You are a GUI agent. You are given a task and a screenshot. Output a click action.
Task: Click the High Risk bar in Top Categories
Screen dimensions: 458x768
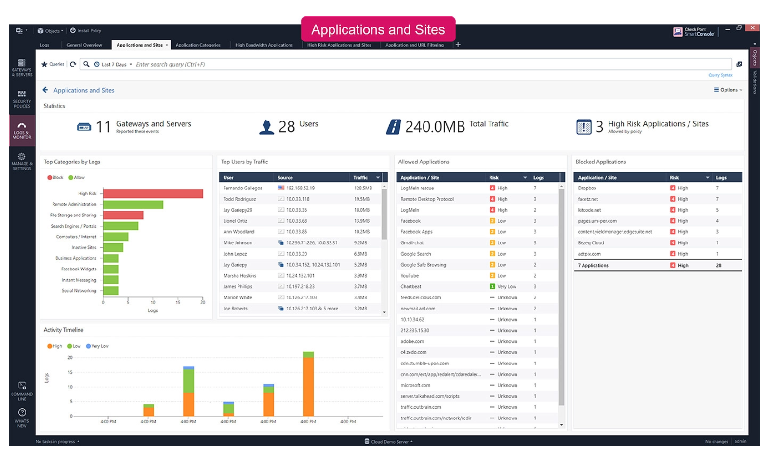tap(153, 194)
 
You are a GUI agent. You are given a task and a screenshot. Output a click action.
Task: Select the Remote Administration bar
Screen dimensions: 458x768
tap(133, 204)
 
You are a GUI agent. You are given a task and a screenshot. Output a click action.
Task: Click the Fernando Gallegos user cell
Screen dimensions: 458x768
tap(243, 188)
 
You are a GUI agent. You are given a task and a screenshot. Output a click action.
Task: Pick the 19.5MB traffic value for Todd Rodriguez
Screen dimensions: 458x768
tap(362, 199)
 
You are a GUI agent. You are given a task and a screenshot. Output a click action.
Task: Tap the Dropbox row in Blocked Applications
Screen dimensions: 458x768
tap(587, 188)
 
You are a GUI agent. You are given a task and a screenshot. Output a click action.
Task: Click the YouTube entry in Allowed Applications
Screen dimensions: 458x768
tap(410, 276)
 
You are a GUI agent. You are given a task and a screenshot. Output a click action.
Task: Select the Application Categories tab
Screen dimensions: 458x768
tap(198, 45)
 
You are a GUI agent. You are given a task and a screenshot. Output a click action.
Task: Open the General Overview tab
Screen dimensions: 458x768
tap(84, 45)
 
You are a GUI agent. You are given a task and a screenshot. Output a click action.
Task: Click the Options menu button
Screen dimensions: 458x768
tap(728, 90)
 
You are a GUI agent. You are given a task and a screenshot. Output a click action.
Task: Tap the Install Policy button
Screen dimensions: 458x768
tap(86, 31)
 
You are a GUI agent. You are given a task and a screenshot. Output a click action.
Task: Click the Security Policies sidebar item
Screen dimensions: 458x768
tap(22, 99)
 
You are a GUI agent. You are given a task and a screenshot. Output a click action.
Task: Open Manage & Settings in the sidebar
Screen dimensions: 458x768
tap(22, 162)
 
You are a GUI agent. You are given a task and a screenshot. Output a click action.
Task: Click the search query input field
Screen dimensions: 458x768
tap(429, 64)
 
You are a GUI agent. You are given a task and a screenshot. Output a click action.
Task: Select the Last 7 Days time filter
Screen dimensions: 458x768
tap(114, 64)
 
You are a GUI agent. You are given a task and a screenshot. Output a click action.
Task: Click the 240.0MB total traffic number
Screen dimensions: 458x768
tap(435, 127)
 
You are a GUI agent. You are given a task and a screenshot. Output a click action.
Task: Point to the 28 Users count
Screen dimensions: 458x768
tap(287, 127)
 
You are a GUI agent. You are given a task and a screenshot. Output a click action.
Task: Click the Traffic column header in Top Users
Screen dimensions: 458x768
tap(360, 178)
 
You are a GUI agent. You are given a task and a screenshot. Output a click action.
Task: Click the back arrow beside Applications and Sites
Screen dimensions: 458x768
tap(45, 90)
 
